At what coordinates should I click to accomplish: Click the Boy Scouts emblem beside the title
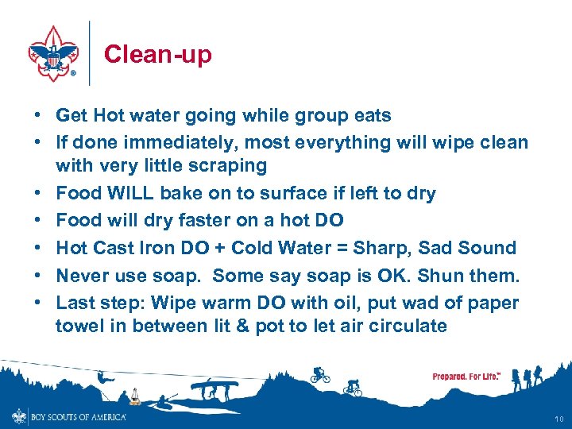coord(53,54)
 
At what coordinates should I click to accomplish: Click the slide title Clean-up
coord(157,54)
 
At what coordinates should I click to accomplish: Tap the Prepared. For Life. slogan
coord(466,376)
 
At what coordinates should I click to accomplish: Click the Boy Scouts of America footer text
coord(78,416)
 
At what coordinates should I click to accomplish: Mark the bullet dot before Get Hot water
coord(38,116)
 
